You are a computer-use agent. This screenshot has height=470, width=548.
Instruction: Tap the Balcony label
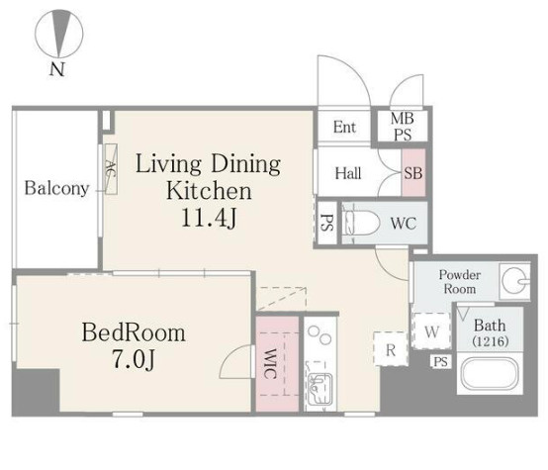(x=56, y=188)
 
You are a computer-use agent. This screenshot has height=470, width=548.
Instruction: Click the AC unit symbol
(x=111, y=169)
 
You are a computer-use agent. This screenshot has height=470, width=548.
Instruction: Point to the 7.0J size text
(x=134, y=359)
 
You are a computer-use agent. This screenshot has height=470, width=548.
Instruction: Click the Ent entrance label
(x=344, y=127)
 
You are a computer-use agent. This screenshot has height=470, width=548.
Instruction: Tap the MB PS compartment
(x=403, y=127)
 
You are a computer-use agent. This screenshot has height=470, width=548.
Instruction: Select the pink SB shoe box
(x=413, y=173)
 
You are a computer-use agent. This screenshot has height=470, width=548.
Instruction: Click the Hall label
(x=348, y=173)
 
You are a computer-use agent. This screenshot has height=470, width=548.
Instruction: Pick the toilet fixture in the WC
(x=361, y=223)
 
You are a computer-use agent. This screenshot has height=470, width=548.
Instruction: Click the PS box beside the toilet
(x=326, y=223)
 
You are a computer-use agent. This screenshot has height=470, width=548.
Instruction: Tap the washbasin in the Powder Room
(x=514, y=280)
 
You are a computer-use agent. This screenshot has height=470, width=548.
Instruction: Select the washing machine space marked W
(x=431, y=330)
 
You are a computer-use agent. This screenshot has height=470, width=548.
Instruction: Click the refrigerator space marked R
(x=391, y=349)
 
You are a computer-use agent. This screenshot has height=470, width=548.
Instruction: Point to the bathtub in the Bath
(x=490, y=374)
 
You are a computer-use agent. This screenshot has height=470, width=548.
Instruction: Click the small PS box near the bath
(x=440, y=361)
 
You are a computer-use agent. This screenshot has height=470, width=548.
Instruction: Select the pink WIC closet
(x=277, y=364)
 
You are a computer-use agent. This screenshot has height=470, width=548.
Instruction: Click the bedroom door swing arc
(x=230, y=358)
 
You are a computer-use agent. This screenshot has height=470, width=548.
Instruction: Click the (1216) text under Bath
(x=490, y=341)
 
